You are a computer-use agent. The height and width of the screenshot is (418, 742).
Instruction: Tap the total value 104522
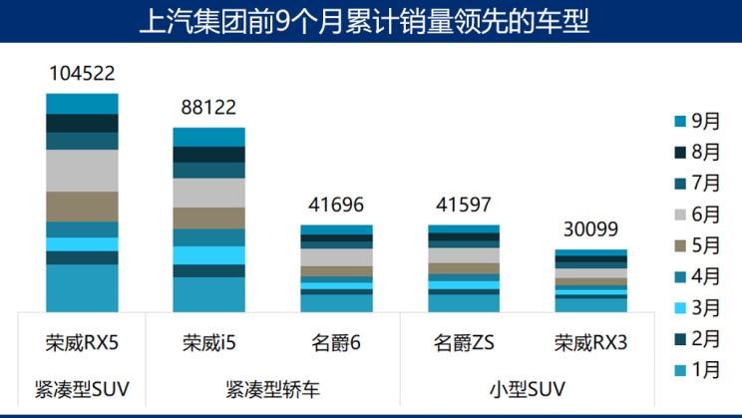pos(83,73)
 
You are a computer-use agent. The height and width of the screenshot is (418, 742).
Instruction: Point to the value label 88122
pos(208,108)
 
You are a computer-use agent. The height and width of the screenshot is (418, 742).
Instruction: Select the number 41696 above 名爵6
pos(336,206)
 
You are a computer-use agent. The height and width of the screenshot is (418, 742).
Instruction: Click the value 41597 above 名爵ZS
pos(464,206)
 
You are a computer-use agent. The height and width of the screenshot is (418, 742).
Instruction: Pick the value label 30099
pos(591,230)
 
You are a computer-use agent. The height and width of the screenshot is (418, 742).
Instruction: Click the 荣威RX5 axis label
pos(83,343)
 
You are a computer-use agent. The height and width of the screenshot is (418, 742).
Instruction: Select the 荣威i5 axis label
pos(208,343)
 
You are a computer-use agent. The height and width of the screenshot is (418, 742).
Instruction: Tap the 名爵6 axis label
pos(336,343)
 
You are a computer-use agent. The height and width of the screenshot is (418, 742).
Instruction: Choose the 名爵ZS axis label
pos(464,343)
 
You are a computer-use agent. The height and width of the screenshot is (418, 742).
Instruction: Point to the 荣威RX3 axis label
pos(591,343)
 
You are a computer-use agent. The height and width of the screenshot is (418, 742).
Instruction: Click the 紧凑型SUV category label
pos(83,386)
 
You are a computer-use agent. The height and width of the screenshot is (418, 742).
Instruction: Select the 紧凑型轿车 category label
pos(272,386)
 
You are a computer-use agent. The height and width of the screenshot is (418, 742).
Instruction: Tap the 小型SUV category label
pos(528,386)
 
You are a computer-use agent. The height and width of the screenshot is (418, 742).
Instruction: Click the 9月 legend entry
pos(697,121)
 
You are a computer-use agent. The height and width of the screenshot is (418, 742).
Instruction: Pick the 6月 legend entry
pos(697,214)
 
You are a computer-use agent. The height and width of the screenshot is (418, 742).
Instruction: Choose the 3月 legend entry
pos(697,307)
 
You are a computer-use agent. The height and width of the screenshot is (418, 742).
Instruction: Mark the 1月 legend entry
pos(697,369)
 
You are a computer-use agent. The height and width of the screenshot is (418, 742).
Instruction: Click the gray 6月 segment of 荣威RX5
pos(83,170)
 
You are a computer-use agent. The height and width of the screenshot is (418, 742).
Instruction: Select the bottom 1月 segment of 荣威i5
pos(208,294)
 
